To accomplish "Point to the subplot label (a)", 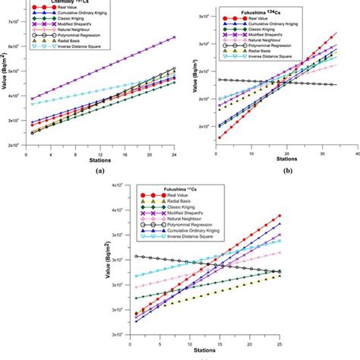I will click(x=99, y=172).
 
